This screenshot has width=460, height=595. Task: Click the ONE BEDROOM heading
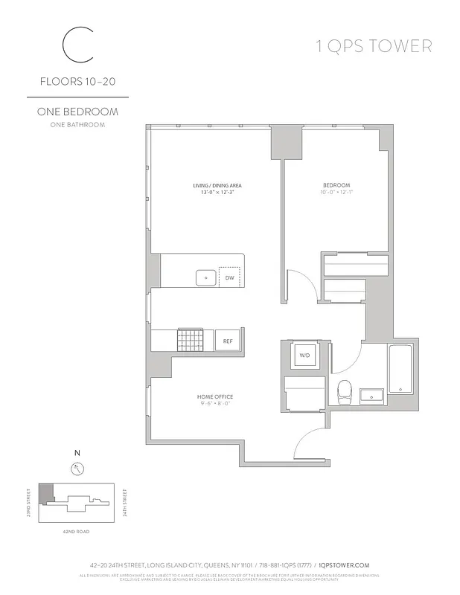[x=77, y=112]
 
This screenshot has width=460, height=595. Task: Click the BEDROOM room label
[x=336, y=185]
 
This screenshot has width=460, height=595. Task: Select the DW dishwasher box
[x=230, y=279]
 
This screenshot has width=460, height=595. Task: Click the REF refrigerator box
[x=229, y=341]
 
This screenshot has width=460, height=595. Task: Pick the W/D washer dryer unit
[x=304, y=356]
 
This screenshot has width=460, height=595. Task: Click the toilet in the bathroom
[x=344, y=391]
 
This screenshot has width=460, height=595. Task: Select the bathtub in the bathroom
[x=399, y=369]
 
